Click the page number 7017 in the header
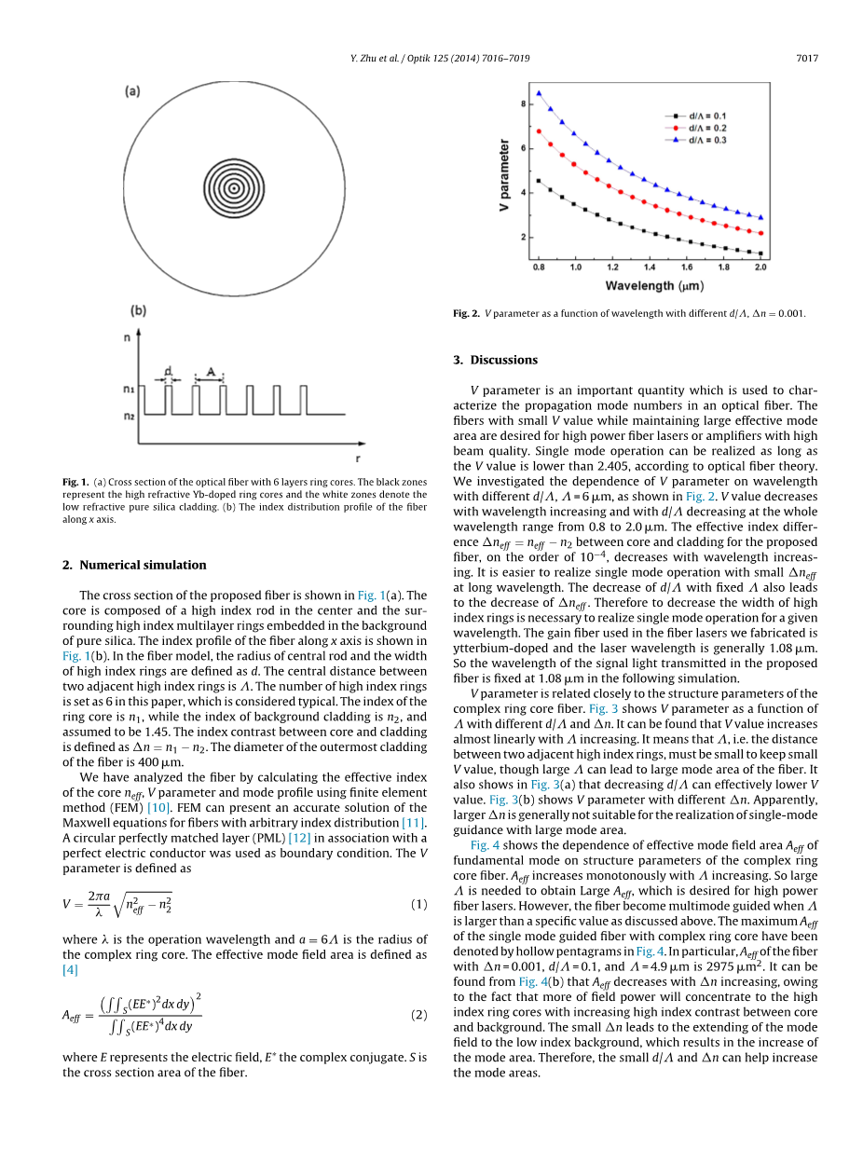[x=807, y=59]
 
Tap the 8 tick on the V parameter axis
[x=522, y=103]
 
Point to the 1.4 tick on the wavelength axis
[x=650, y=267]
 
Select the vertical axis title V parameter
[x=504, y=174]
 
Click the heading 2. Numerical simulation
[x=134, y=565]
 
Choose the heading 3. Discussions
[x=495, y=360]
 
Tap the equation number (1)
[x=419, y=904]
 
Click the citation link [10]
[x=158, y=808]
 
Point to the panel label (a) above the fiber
[x=132, y=90]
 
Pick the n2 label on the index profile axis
[x=130, y=416]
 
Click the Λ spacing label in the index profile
[x=212, y=371]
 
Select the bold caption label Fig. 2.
[x=466, y=313]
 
